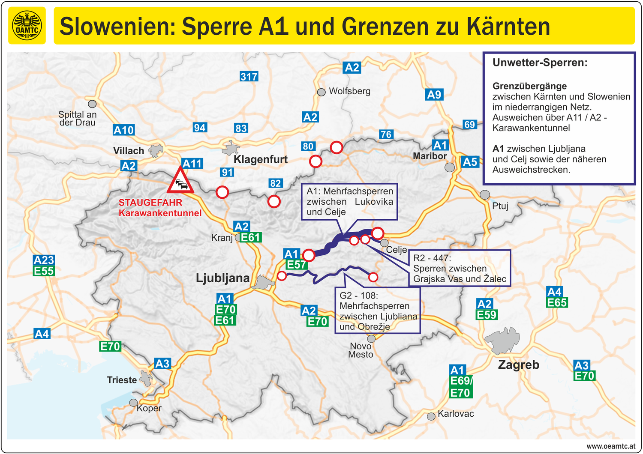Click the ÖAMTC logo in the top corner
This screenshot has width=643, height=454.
pos(27,26)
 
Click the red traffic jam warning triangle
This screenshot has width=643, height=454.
pos(180,182)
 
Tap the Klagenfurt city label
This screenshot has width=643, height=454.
pos(261,159)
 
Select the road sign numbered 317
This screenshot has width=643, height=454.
pos(249,77)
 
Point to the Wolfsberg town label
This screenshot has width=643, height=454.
pos(349,91)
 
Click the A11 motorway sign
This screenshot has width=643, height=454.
pos(192,164)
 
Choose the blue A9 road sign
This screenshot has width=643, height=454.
pos(434,95)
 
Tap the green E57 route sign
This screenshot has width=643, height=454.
pos(296,265)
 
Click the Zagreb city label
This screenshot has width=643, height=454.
pos(518,365)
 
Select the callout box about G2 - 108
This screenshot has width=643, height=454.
pos(377,311)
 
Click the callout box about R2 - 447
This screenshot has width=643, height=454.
pos(460,269)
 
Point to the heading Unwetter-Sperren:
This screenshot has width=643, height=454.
pos(540,63)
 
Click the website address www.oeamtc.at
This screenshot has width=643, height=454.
pos(611,446)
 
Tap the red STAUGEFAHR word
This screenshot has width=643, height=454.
pos(150,203)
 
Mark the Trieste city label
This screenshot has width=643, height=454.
pos(122,380)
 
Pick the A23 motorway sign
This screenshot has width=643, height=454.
pos(44,260)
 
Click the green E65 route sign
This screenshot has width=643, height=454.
pos(557,303)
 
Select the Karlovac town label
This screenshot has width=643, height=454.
pos(456,414)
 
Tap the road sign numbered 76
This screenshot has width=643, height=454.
pos(386,134)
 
